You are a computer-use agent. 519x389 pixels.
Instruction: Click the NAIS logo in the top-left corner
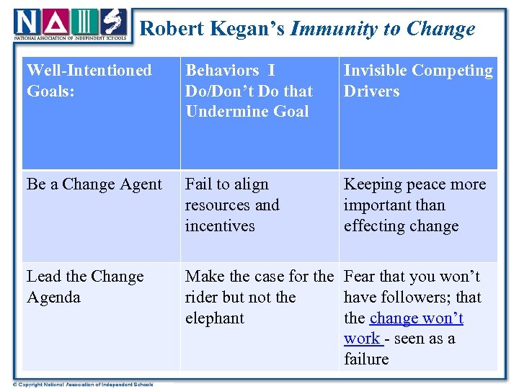[x=70, y=25]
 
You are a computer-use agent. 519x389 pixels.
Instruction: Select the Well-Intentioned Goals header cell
[x=89, y=80]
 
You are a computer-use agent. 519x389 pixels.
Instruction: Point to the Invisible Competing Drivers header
[x=418, y=80]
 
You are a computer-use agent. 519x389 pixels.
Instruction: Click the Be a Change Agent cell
[x=94, y=184]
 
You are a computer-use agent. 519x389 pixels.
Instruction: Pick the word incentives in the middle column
[x=220, y=226]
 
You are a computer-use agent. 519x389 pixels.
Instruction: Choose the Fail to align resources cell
[x=232, y=205]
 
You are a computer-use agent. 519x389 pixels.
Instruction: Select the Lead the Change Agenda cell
[x=85, y=286]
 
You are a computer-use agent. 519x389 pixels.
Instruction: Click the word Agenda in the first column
[x=54, y=298]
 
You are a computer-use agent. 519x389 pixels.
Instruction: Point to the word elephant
[x=215, y=318]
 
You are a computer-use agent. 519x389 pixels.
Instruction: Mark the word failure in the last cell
[x=366, y=359]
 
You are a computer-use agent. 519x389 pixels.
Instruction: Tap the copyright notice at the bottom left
[x=78, y=384]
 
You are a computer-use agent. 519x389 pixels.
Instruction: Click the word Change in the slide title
[x=440, y=29]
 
